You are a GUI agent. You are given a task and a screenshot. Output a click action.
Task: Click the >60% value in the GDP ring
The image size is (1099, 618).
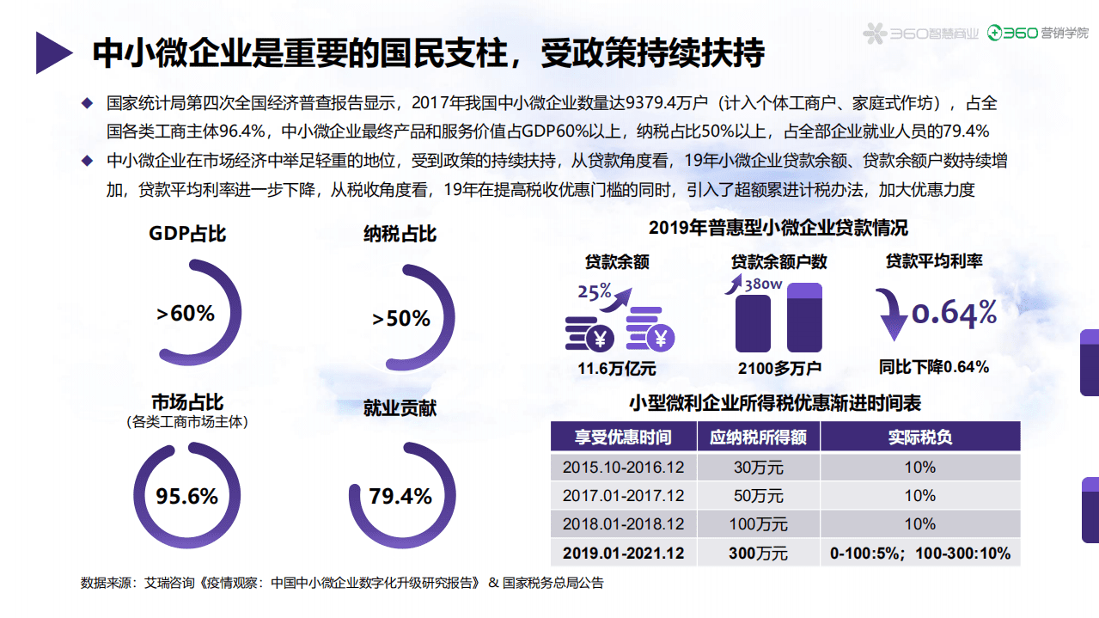coord(186,314)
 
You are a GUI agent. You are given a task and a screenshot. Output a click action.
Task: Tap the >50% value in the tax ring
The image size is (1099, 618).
coord(400,319)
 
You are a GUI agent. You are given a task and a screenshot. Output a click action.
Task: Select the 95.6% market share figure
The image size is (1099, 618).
coord(186,496)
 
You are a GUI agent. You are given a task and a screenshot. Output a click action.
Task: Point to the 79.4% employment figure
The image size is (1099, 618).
coord(400,496)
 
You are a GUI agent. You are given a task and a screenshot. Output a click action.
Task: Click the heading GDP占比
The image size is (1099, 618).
coord(187,233)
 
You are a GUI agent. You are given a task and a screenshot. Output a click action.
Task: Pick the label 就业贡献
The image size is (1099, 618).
coord(400,407)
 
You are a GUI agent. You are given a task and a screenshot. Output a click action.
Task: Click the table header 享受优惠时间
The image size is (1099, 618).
coord(623,437)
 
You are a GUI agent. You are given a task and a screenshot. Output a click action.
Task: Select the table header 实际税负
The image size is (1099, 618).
coord(919,437)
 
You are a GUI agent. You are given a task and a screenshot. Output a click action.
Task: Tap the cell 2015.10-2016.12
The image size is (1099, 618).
coord(623,468)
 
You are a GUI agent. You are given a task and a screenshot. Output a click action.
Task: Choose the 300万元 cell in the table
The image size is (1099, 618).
coord(758,553)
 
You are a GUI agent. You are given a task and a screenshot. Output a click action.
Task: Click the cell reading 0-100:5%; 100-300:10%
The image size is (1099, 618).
coord(919,553)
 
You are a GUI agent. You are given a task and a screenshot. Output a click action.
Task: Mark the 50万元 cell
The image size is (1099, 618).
coord(758,496)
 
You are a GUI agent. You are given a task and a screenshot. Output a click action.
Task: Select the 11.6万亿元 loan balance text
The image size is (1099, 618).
coord(616,369)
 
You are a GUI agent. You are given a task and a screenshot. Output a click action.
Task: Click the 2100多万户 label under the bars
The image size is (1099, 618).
coord(779,369)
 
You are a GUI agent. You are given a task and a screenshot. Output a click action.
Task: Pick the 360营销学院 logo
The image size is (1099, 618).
coord(1037,34)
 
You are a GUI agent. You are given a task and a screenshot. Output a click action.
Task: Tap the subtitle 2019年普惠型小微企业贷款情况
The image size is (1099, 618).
coord(778,228)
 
